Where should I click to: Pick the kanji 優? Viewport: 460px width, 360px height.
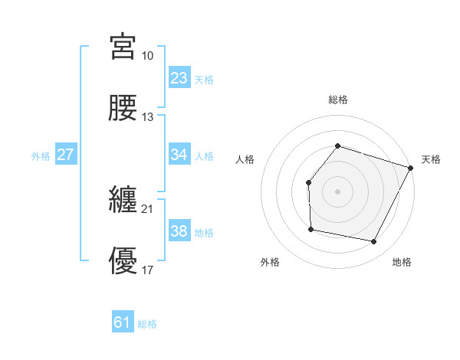(x=123, y=260)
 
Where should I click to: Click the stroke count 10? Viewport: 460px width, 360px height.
(x=148, y=56)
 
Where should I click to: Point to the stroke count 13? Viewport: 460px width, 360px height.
(x=148, y=117)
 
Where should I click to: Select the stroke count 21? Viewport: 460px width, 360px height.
(x=148, y=208)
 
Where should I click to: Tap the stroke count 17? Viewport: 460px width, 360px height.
(x=148, y=270)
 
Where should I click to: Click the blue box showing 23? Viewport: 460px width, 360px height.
(x=179, y=78)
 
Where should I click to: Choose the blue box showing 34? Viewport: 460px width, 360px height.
(x=179, y=155)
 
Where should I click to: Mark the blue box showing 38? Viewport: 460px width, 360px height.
(x=179, y=231)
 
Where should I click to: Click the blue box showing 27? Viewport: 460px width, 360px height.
(x=66, y=155)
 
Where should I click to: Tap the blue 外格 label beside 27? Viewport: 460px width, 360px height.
(x=41, y=156)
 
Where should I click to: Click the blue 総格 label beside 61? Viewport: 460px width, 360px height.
(x=147, y=324)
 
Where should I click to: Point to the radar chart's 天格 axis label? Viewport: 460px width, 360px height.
(x=431, y=159)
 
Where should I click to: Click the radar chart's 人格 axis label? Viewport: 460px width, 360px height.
(x=245, y=159)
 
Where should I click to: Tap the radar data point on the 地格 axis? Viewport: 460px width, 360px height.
(x=374, y=242)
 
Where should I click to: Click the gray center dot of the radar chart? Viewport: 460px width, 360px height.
(x=338, y=191)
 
